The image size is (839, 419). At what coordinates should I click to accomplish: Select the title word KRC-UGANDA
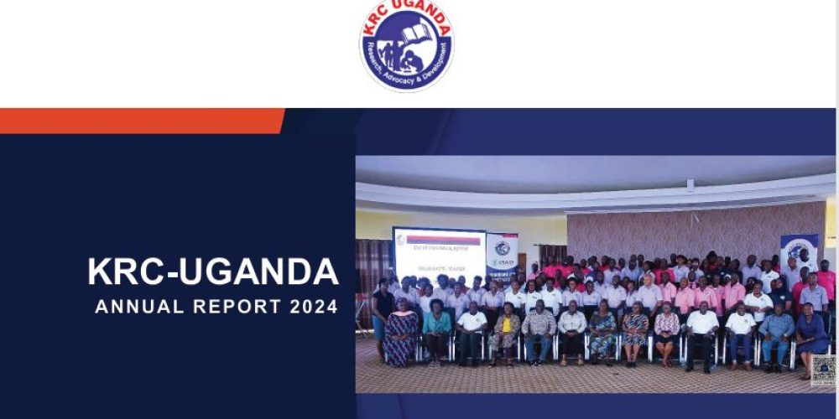(x=213, y=272)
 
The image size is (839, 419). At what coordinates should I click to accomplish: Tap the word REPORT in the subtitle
(x=240, y=307)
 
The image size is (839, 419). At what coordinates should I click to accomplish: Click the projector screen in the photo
(x=439, y=252)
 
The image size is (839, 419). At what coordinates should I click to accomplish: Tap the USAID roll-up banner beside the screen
(x=502, y=256)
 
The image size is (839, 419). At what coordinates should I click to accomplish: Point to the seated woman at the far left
(x=401, y=333)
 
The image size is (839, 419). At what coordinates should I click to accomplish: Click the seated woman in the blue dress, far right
(x=810, y=334)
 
